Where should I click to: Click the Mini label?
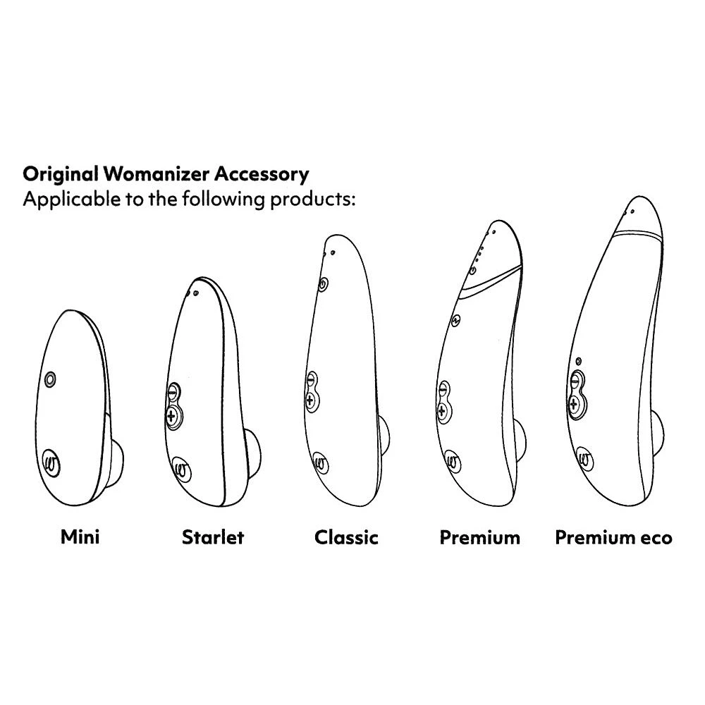80,537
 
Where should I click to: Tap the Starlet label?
213,537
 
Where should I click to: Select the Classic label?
346,537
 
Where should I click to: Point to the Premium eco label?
614,537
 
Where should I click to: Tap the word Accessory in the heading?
262,174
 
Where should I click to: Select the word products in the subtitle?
312,200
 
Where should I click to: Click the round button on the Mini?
50,379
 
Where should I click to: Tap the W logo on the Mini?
51,462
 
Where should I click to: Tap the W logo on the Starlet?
182,470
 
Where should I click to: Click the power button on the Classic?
322,284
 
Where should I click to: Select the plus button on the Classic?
310,400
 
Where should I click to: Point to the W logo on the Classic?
320,463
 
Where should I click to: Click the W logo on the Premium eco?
584,460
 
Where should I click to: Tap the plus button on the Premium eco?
574,404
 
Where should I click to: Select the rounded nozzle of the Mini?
117,462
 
